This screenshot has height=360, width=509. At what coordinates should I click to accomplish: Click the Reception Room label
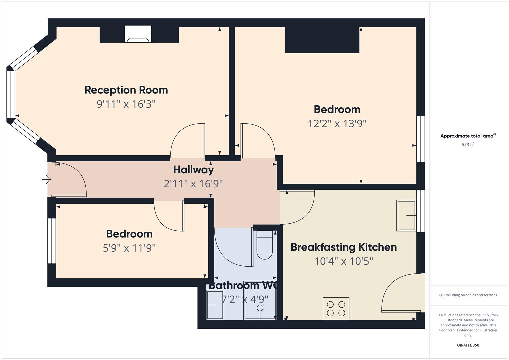click(x=126, y=90)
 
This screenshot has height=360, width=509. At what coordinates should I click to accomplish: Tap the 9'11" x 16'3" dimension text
click(x=126, y=104)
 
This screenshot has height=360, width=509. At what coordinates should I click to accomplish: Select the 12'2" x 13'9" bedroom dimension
click(x=337, y=124)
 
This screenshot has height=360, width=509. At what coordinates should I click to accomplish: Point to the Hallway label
click(x=193, y=170)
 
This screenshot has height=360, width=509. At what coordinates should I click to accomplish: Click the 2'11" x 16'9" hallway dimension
click(x=193, y=184)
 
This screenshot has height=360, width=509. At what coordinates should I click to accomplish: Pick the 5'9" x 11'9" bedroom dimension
click(x=129, y=248)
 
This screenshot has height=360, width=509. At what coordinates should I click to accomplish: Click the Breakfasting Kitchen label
click(x=344, y=247)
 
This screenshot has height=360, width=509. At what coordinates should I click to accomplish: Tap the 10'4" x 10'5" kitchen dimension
click(x=344, y=261)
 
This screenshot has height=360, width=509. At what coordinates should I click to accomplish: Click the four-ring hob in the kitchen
click(x=336, y=309)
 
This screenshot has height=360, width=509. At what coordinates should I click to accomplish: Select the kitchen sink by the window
click(x=406, y=215)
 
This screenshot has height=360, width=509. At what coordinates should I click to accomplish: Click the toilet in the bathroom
click(x=264, y=245)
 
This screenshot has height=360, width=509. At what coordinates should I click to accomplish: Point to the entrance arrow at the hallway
click(x=47, y=180)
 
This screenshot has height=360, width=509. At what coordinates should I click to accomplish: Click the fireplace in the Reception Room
click(x=138, y=34)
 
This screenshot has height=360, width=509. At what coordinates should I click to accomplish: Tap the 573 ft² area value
click(x=468, y=145)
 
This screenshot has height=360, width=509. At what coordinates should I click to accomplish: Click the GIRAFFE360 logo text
click(x=468, y=345)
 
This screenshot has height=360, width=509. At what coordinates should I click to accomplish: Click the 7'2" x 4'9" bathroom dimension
click(x=245, y=300)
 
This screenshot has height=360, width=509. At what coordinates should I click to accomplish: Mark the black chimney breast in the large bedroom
click(x=322, y=40)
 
